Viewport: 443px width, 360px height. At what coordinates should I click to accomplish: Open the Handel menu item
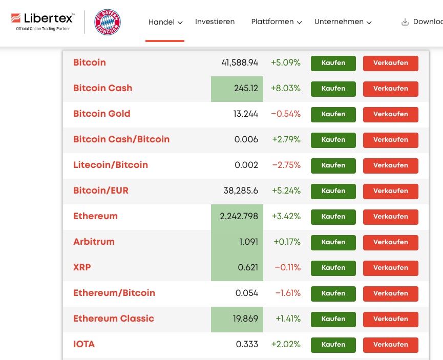tap(165, 22)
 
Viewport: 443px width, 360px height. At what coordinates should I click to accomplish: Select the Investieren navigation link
tap(215, 22)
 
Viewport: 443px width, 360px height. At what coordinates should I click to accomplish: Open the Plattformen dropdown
tap(276, 22)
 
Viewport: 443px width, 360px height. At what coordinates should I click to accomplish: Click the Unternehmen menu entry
tap(343, 22)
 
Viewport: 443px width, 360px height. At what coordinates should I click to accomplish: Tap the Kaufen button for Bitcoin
tap(333, 63)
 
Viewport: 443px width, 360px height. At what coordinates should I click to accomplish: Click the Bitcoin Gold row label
tap(101, 114)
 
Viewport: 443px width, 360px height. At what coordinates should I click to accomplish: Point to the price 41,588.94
tap(240, 63)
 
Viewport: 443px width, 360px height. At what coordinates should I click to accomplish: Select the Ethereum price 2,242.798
tap(239, 216)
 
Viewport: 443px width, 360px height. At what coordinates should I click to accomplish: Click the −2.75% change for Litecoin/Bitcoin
tap(286, 165)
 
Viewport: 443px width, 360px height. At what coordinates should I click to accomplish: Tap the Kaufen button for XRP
tap(333, 268)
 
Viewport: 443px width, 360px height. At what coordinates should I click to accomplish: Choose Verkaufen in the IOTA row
tap(390, 345)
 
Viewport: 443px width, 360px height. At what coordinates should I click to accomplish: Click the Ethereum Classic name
tap(113, 319)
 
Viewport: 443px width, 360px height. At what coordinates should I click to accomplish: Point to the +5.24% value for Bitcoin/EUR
tap(286, 190)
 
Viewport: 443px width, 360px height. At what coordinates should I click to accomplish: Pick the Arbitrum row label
tap(94, 242)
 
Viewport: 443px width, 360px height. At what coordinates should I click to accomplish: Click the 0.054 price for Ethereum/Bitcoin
tap(246, 293)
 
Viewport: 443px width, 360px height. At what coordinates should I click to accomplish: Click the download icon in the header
tap(405, 22)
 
